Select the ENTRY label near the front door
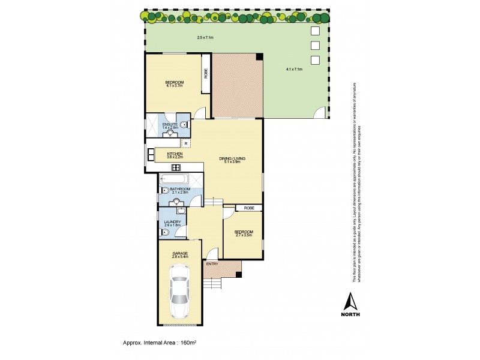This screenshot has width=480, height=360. pyautogui.click(x=212, y=264)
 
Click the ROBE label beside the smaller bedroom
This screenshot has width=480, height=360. pyautogui.click(x=249, y=208)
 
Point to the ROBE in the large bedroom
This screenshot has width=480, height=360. pyautogui.click(x=205, y=74)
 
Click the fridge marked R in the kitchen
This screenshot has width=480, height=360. pyautogui.click(x=186, y=143)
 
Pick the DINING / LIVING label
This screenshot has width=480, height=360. pyautogui.click(x=232, y=158)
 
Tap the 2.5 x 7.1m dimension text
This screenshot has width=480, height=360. pyautogui.click(x=205, y=38)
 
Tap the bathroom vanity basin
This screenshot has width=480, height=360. pyautogui.click(x=176, y=201)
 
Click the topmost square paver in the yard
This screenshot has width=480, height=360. pyautogui.click(x=315, y=31)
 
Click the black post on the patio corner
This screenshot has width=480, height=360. pyautogui.click(x=259, y=56)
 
